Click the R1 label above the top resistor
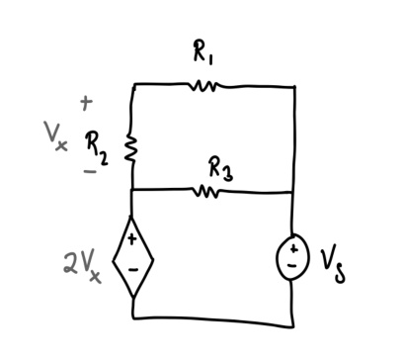pos(202,55)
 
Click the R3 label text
pos(220,168)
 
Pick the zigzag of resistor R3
pos(206,190)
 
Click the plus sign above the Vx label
pos(86,101)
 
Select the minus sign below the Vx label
pos(90,170)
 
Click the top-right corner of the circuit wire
pos(294,87)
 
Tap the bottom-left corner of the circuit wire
pos(133,318)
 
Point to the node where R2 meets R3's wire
pos(132,190)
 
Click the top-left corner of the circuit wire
pos(133,86)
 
